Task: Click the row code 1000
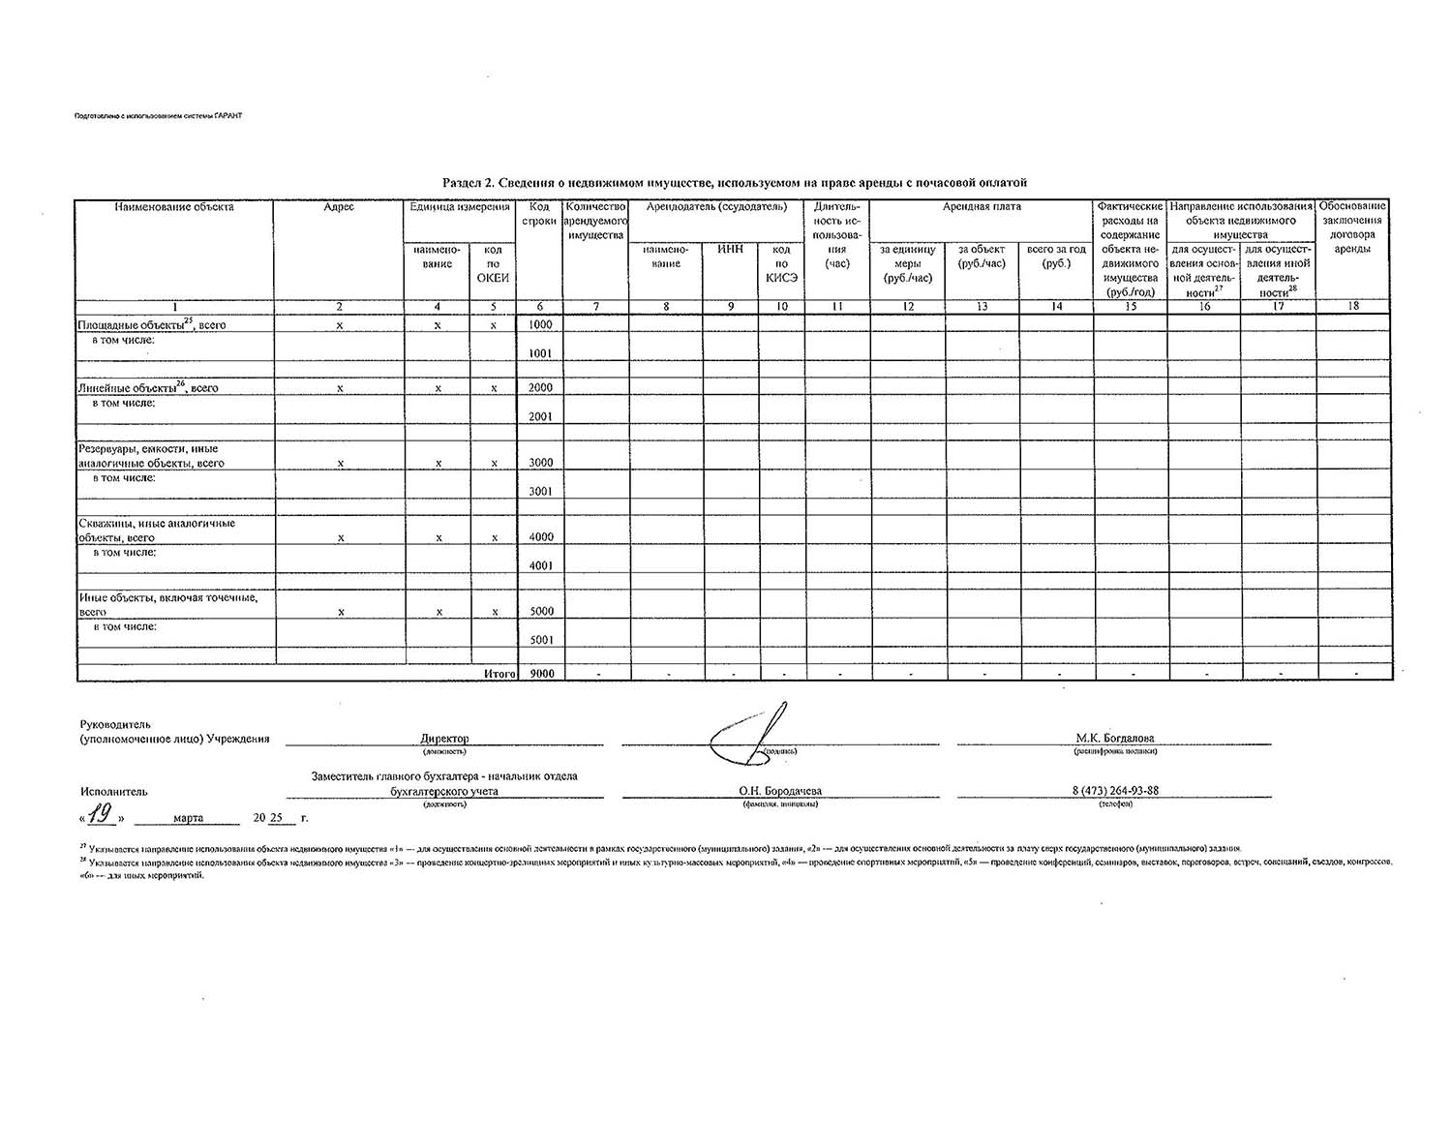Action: pyautogui.click(x=540, y=325)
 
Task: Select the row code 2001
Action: pyautogui.click(x=540, y=416)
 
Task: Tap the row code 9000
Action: pyautogui.click(x=540, y=673)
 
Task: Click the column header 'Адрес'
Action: pyautogui.click(x=339, y=207)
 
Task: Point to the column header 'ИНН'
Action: pyautogui.click(x=730, y=250)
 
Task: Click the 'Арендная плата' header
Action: pyautogui.click(x=982, y=207)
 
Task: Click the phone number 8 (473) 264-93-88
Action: pyautogui.click(x=1115, y=790)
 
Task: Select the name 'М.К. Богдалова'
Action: pyautogui.click(x=1115, y=738)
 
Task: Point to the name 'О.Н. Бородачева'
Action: pyautogui.click(x=780, y=790)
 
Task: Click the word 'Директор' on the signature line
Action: pyautogui.click(x=444, y=738)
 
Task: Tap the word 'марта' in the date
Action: pyautogui.click(x=188, y=818)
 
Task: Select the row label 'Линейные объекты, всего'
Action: pyautogui.click(x=148, y=388)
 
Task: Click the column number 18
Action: pyautogui.click(x=1353, y=306)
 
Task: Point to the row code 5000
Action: pyautogui.click(x=540, y=612)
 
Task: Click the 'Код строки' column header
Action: pyautogui.click(x=540, y=214)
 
